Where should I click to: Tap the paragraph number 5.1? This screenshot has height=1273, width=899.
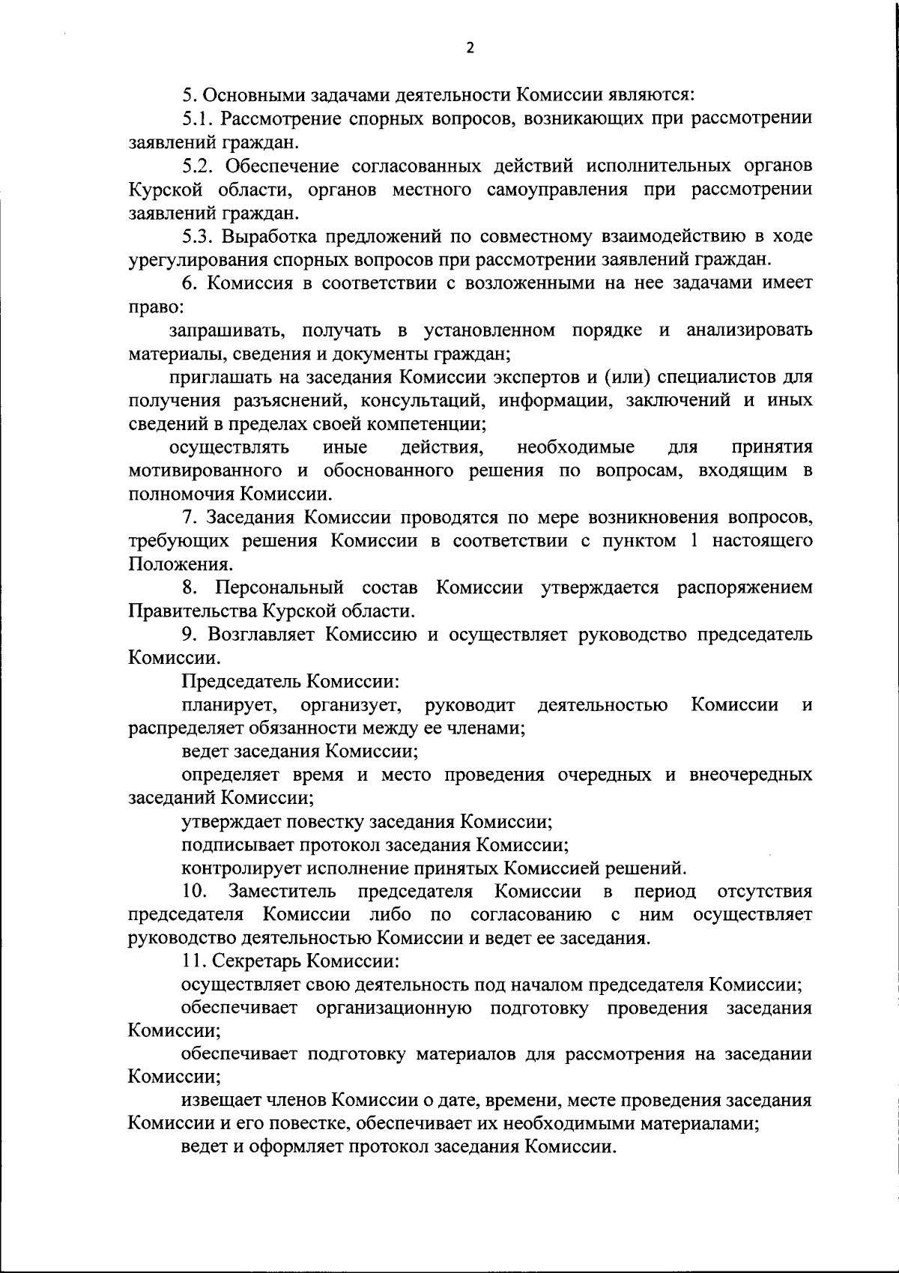[x=198, y=118]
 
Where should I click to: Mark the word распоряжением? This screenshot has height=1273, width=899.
[x=745, y=587]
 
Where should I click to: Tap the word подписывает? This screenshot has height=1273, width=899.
[x=237, y=845]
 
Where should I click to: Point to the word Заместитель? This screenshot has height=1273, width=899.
[x=282, y=892]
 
